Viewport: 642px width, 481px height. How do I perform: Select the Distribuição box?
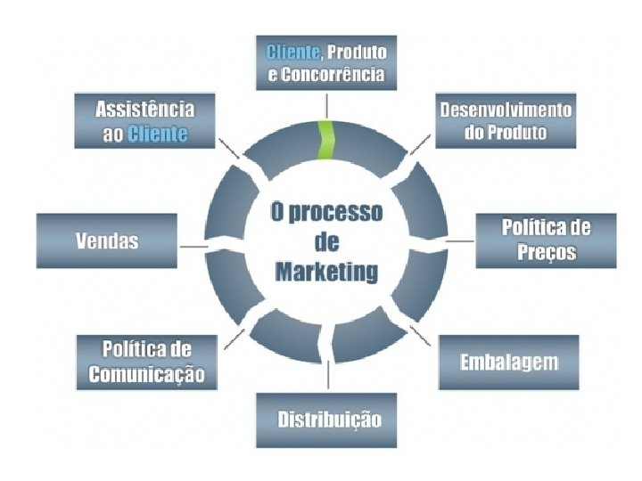[x=327, y=420]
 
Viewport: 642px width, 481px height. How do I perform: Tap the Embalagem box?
[x=508, y=363]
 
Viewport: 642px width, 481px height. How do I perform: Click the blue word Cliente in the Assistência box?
[x=158, y=135]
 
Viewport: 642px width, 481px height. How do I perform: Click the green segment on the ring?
[x=327, y=141]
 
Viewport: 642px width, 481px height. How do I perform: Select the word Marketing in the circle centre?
[x=326, y=273]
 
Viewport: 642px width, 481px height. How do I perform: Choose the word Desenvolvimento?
[x=506, y=110]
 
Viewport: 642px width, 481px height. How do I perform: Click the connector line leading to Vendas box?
[x=193, y=244]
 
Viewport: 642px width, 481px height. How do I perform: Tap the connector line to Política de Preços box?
[x=460, y=241]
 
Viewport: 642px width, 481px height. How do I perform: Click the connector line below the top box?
[x=327, y=105]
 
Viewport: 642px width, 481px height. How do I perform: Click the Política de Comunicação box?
[x=146, y=360]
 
